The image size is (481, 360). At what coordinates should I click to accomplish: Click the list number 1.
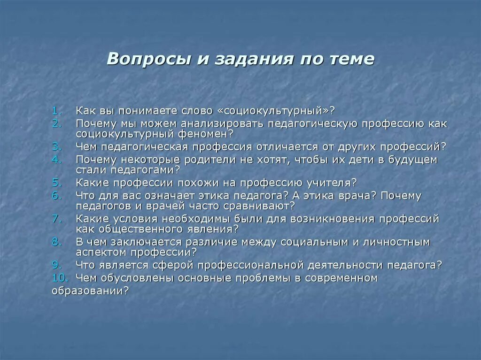[x=57, y=111]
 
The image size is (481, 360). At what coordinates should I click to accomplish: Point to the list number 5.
[x=57, y=183]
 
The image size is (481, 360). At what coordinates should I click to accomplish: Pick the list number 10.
[x=60, y=278]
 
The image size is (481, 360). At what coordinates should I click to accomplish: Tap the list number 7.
[x=57, y=219]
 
